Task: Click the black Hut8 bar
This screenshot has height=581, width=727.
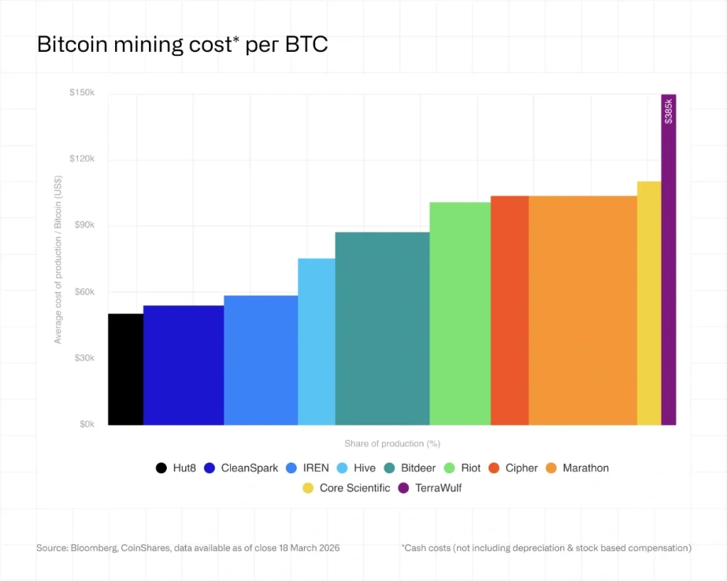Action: (x=126, y=369)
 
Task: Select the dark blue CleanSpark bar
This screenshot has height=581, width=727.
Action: (x=183, y=365)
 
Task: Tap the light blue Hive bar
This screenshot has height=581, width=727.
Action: (x=316, y=341)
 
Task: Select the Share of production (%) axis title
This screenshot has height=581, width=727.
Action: (x=392, y=443)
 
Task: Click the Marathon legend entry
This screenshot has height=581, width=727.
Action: (x=577, y=468)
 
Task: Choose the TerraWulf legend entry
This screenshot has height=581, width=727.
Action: (x=430, y=488)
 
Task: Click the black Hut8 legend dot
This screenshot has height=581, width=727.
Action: (x=161, y=468)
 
